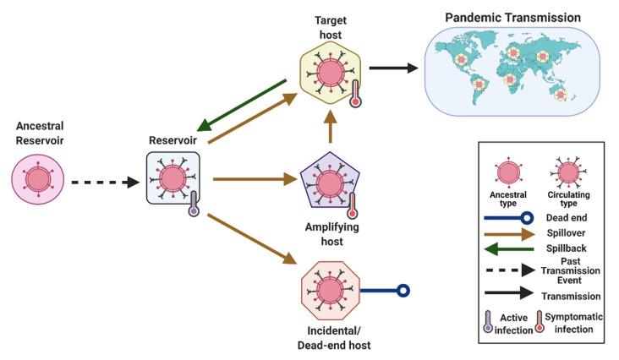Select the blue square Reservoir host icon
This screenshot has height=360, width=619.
[173, 178]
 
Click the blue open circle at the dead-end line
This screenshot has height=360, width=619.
[404, 291]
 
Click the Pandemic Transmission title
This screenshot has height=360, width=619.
[512, 16]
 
